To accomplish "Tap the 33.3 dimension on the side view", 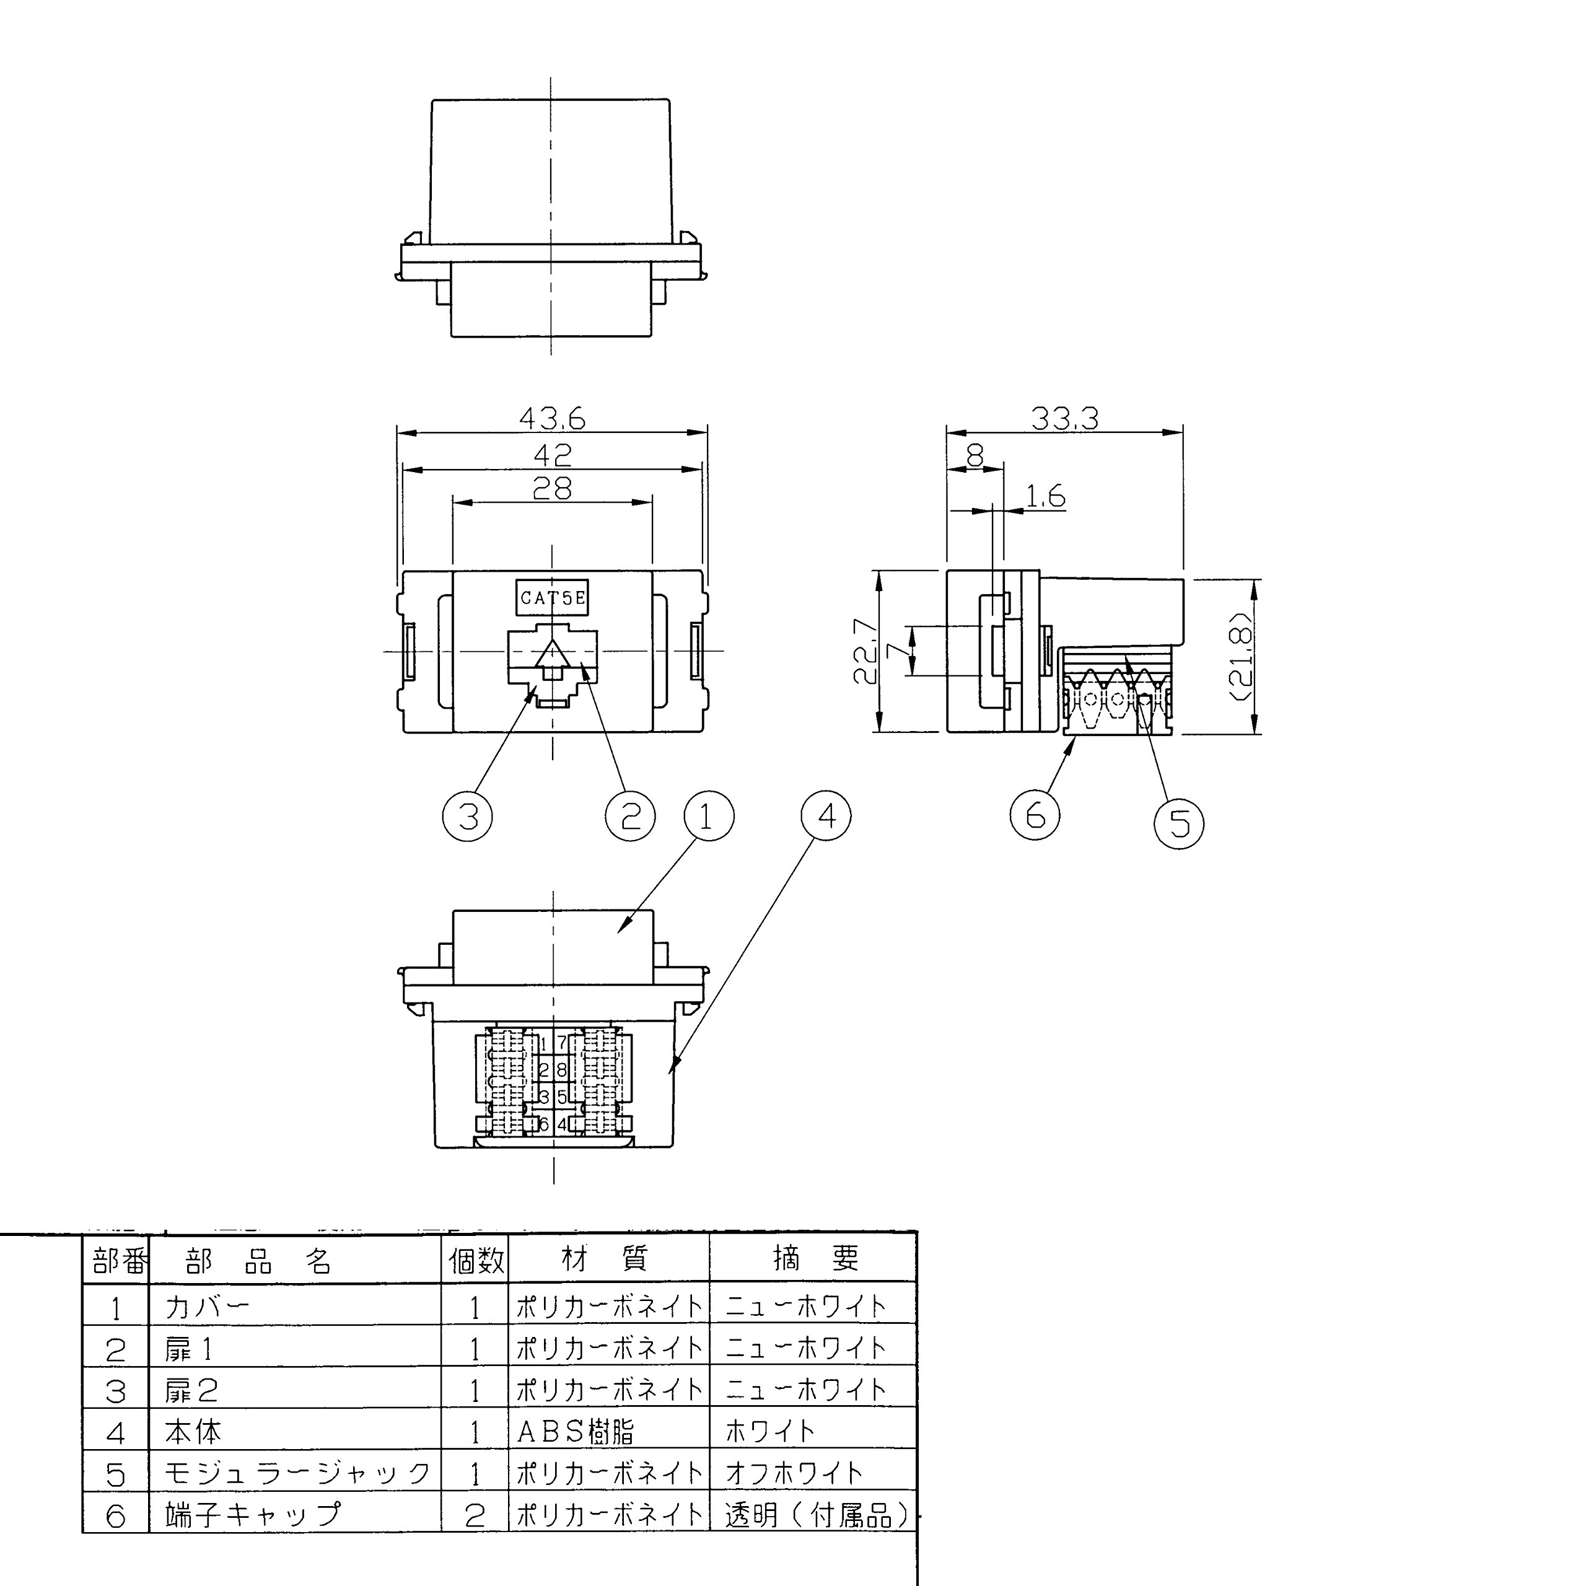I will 1065,419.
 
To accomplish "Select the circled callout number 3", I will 467,816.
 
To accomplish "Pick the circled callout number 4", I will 826,815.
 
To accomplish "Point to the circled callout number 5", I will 1179,823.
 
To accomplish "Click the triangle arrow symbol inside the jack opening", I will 551,655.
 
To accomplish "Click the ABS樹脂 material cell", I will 576,1432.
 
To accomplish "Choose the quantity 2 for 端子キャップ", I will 475,1515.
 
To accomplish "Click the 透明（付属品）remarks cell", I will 817,1515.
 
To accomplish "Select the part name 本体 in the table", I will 193,1432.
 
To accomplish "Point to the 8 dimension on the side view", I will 975,455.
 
